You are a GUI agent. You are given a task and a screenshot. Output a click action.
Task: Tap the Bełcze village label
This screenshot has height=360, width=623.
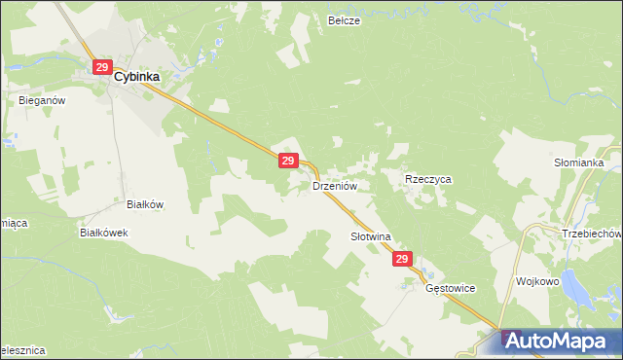pyautogui.click(x=345, y=19)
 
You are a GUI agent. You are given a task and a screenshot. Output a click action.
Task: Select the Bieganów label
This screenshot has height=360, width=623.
pyautogui.click(x=41, y=99)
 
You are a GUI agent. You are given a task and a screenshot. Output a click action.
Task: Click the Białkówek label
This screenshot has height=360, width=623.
pyautogui.click(x=104, y=234)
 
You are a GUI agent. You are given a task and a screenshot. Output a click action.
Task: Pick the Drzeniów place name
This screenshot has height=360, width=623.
pyautogui.click(x=336, y=184)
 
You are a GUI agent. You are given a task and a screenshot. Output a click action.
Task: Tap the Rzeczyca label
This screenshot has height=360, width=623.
pyautogui.click(x=428, y=180)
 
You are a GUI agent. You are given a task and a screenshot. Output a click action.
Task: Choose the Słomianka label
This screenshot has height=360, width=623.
pyautogui.click(x=580, y=162)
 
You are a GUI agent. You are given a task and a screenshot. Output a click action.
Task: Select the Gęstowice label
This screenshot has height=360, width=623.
pyautogui.click(x=449, y=288)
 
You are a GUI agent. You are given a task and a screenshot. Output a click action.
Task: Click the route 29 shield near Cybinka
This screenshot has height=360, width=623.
pyautogui.click(x=102, y=66)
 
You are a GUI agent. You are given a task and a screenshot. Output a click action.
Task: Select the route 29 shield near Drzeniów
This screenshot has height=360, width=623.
pyautogui.click(x=287, y=160)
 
